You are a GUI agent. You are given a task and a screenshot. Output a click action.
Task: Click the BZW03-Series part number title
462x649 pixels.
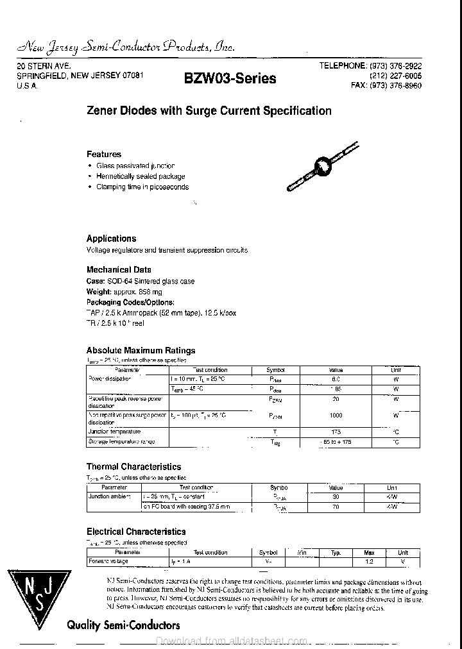230,78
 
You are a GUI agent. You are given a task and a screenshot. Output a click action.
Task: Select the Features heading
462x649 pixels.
104,154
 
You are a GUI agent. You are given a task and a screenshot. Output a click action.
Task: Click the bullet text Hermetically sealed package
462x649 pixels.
141,176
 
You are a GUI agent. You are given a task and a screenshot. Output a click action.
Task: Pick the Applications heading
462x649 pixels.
111,238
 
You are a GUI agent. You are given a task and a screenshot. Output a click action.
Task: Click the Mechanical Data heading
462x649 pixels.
119,270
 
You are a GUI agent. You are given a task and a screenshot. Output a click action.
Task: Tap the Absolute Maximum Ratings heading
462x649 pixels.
141,350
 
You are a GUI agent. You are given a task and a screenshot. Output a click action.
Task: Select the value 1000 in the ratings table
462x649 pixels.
336,416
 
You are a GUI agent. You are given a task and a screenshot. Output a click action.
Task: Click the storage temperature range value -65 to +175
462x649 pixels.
336,442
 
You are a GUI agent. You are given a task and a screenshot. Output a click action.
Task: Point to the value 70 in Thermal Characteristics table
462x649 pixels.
336,507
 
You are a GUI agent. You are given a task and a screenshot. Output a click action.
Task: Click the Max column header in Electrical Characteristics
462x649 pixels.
369,552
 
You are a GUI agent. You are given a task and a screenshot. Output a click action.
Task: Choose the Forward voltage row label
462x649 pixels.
108,561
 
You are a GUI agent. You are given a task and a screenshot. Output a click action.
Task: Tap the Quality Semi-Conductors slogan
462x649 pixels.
123,625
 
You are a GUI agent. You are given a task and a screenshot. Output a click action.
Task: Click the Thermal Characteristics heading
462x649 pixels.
133,467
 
